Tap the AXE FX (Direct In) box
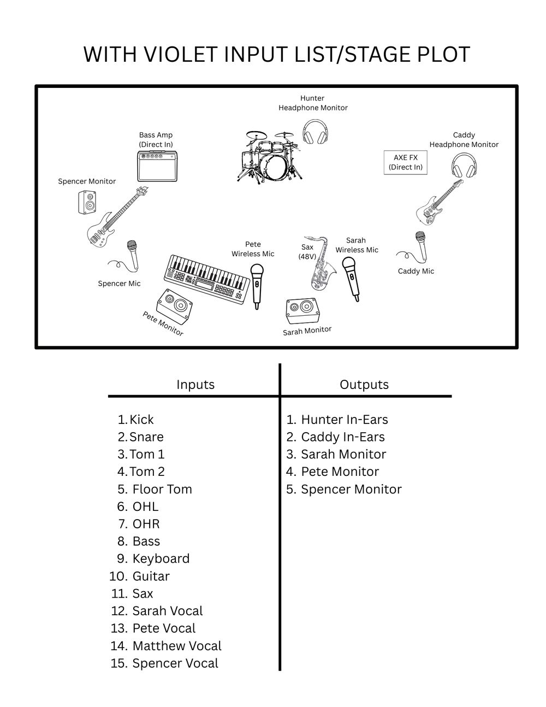405,162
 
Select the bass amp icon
158,166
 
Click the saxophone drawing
322,264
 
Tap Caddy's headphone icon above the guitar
464,164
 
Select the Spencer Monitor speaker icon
87,202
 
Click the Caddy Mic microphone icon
419,246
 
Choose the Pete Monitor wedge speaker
175,305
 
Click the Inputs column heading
195,385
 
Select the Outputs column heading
364,385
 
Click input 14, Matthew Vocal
176,646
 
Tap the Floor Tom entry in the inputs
162,489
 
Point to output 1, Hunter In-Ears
344,420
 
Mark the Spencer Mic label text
119,284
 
